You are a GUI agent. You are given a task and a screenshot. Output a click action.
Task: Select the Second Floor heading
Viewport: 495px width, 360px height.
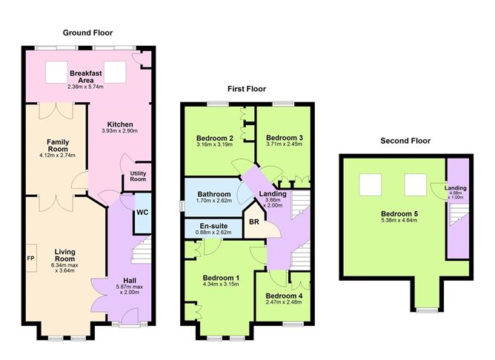405,140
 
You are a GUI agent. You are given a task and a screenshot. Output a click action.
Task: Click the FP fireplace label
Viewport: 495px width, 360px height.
30,259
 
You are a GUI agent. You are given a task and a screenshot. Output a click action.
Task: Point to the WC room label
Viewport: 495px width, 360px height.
142,213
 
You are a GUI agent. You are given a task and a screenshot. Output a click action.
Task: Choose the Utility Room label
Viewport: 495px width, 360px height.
138,175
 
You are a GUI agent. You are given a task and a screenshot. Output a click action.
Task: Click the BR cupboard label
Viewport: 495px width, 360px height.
253,221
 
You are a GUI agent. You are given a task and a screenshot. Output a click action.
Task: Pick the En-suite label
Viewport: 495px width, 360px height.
214,226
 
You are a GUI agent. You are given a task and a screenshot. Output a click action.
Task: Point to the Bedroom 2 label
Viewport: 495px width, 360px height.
215,138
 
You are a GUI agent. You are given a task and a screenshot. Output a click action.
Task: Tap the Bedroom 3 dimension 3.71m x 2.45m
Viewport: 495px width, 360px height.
285,144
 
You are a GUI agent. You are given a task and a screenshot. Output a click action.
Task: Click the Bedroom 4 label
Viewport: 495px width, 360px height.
285,294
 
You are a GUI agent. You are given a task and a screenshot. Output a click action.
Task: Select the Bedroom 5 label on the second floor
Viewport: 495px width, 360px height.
395,213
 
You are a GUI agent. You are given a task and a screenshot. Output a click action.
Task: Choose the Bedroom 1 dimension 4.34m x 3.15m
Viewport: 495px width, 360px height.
220,283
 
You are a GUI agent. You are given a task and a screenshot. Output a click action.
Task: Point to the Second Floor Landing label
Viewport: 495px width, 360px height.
455,188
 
